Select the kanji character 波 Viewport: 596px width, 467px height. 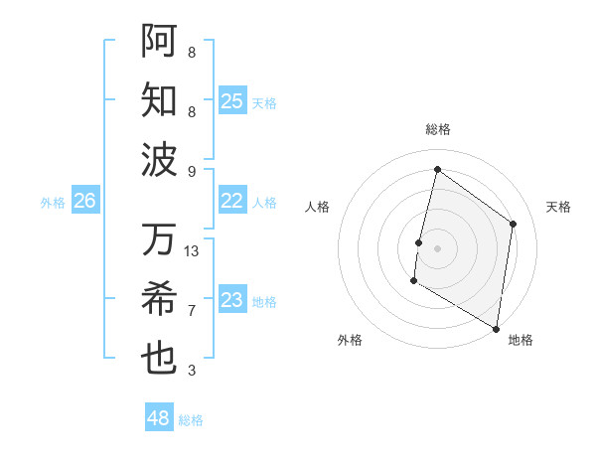159,158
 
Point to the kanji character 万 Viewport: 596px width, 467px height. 159,239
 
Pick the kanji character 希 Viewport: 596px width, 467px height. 159,299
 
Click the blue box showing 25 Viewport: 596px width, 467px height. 232,100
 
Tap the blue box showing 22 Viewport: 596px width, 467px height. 232,201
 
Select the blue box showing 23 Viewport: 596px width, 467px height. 232,300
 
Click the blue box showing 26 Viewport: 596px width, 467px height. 84,201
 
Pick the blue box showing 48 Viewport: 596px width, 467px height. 159,418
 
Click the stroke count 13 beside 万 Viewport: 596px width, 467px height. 192,251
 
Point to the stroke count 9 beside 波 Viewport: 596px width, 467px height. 192,171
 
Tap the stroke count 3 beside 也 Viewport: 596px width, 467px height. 192,371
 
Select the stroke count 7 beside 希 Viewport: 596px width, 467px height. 192,311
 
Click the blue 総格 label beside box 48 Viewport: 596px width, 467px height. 191,420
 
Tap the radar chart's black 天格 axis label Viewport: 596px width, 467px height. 558,207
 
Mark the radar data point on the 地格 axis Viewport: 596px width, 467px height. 496,328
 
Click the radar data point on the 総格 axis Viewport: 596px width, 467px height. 437,170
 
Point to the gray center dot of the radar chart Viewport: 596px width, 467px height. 437,248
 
